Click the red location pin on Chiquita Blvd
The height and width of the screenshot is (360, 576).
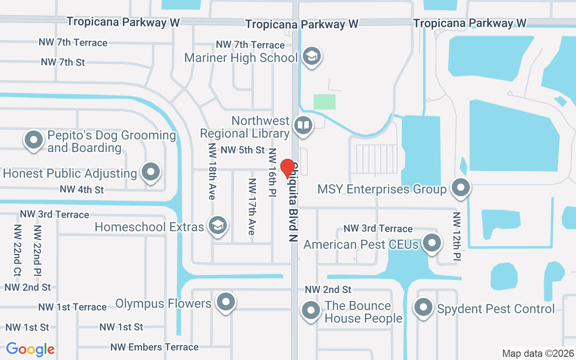click(288, 169)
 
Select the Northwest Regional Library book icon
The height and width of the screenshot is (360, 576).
click(304, 126)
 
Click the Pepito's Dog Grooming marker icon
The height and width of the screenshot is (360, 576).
click(34, 139)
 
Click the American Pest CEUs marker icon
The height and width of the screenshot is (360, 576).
click(432, 243)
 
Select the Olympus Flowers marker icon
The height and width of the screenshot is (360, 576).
click(226, 302)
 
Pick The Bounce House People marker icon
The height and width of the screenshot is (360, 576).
click(310, 310)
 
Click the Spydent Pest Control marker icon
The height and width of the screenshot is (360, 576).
click(423, 308)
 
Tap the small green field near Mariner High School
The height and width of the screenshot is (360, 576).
click(324, 102)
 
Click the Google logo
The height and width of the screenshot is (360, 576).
click(30, 349)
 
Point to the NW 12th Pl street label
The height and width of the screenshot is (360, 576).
click(457, 236)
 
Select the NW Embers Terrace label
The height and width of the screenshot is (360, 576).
click(154, 347)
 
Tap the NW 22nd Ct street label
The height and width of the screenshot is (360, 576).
click(18, 250)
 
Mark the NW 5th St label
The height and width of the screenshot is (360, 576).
click(243, 150)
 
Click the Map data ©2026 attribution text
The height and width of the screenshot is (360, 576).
click(538, 353)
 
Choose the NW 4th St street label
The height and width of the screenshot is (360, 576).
click(81, 190)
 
